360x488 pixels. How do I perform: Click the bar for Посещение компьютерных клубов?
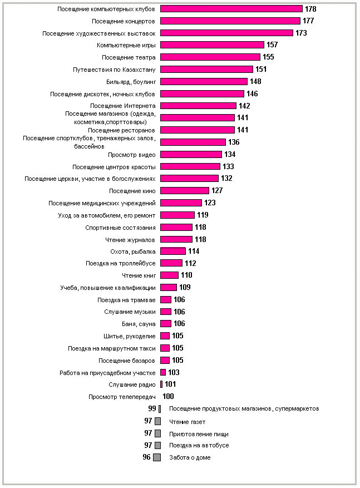coord(231,9)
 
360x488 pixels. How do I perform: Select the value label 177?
coord(309,21)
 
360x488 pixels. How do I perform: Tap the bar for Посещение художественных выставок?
coord(226,33)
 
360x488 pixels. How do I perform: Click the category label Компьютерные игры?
coord(126,45)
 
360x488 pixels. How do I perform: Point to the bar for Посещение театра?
coord(210,57)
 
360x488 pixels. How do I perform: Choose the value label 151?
coord(261,70)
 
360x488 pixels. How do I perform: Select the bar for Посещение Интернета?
coord(198,106)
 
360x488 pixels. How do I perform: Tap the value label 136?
coord(234,142)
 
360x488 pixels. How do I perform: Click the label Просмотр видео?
coord(131,155)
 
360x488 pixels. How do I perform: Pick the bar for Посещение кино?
coord(184,191)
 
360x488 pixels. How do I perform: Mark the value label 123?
coord(210,203)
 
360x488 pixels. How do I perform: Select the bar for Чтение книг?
coord(169,275)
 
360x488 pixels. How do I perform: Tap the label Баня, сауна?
coord(139,324)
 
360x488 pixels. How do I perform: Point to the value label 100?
coord(168,397)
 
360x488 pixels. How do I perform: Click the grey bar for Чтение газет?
coord(158,421)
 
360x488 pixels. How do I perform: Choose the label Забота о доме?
coord(190,458)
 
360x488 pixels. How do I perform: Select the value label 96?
coord(146,457)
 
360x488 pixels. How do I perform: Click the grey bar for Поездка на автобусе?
coord(158,445)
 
